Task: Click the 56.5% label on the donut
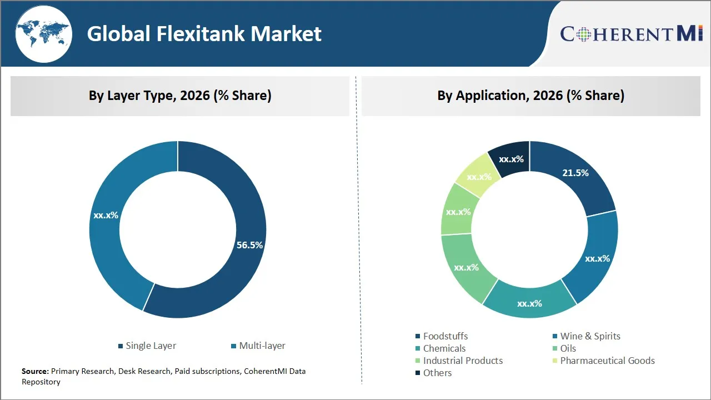click(249, 245)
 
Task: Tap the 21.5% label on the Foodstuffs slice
click(575, 173)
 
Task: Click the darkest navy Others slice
click(509, 159)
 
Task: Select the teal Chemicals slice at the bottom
click(529, 303)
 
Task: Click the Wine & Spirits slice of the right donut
click(597, 258)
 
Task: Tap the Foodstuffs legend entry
click(445, 336)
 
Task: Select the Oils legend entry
click(568, 348)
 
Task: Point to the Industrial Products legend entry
click(462, 361)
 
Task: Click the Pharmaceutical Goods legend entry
click(607, 361)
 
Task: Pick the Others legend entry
click(437, 373)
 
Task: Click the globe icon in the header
click(43, 33)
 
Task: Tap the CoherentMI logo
click(632, 34)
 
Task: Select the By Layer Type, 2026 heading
click(180, 96)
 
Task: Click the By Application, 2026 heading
click(530, 96)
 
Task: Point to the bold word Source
click(35, 371)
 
